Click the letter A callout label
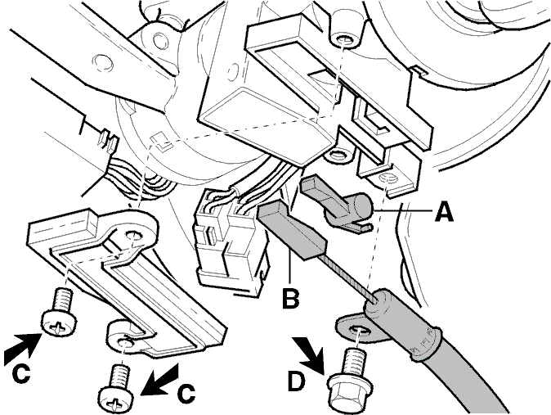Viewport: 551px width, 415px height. click(444, 212)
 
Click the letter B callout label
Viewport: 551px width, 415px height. click(291, 299)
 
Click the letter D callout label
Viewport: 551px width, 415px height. click(296, 381)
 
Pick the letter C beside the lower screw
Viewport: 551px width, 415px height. click(186, 393)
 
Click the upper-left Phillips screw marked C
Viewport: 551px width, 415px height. click(59, 311)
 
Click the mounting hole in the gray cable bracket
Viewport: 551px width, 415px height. click(357, 331)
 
